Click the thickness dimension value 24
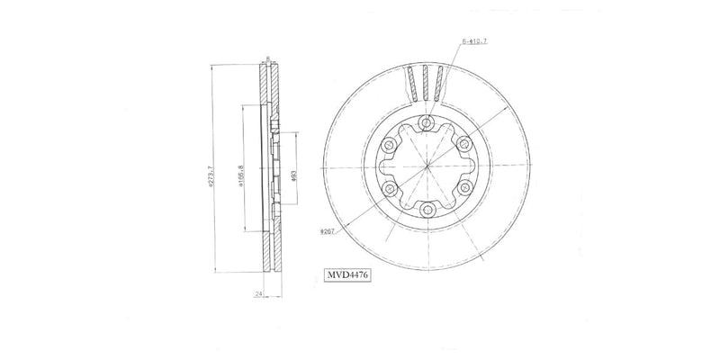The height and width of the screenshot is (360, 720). pos(258,293)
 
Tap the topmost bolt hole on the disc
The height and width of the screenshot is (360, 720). pos(427,122)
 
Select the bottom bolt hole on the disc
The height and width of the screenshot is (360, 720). pos(427,211)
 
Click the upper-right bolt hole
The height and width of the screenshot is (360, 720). pos(465,144)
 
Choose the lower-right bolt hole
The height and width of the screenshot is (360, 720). pos(465,188)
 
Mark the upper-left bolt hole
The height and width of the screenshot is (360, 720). pos(390,144)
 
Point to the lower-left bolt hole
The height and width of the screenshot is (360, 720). pos(390,188)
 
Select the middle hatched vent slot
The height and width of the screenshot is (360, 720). pos(427,83)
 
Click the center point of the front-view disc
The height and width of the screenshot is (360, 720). pos(427,166)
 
